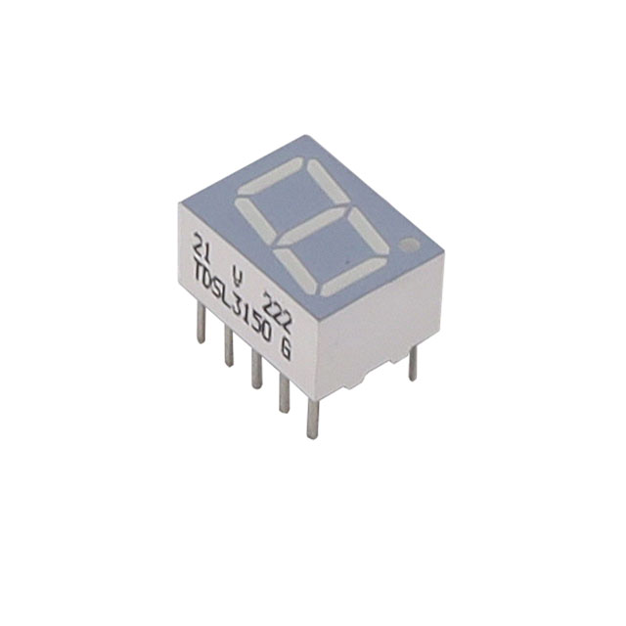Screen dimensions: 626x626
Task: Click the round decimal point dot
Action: click(x=410, y=244)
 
